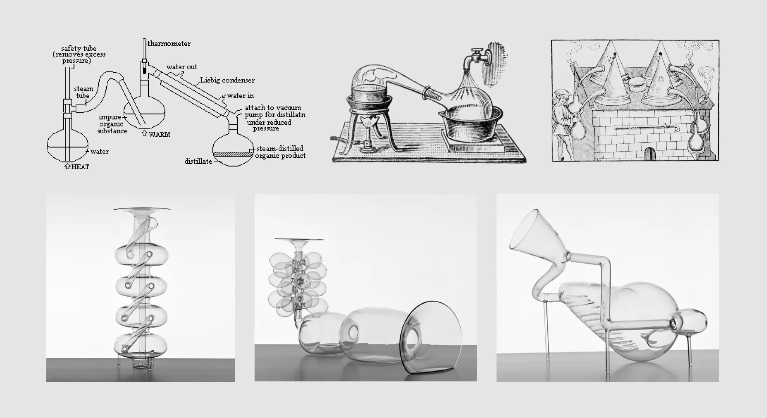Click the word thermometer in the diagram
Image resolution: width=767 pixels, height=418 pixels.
coord(169,44)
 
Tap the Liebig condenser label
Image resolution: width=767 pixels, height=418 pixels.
coord(227,80)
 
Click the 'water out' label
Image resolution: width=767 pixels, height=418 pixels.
coord(182,67)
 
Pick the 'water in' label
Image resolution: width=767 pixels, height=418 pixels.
coord(240,96)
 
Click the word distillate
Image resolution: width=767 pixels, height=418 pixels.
coord(198,161)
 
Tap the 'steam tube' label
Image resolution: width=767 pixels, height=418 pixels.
coord(83,92)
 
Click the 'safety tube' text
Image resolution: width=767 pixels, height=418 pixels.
coord(79,49)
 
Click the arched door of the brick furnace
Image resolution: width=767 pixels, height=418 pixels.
coord(649,154)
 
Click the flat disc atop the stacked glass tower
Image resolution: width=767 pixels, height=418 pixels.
coord(142,209)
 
